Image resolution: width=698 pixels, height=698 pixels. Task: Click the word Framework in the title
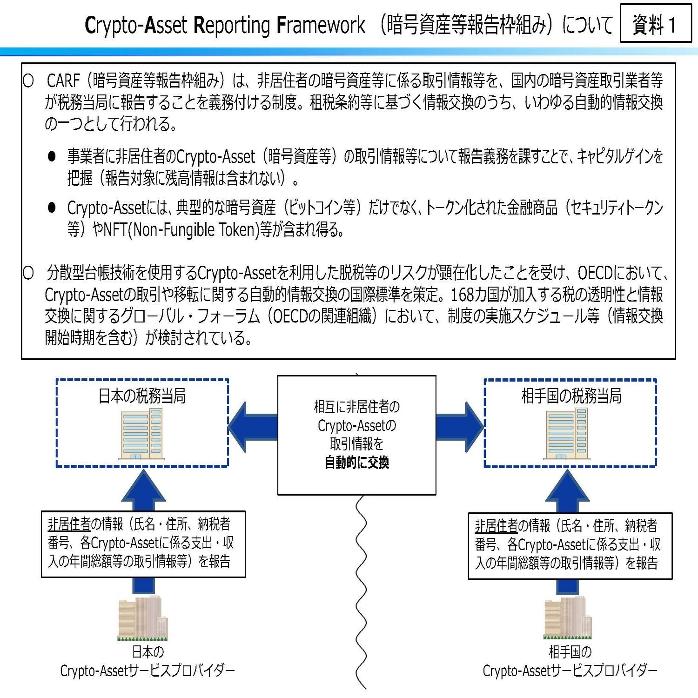(x=321, y=25)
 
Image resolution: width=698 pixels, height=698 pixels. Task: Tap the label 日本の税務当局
(x=142, y=396)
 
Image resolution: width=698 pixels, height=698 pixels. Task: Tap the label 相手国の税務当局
(x=571, y=396)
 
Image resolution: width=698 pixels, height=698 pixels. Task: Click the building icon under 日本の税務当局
(x=141, y=434)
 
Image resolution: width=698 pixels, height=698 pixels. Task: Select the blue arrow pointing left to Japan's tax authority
(x=251, y=427)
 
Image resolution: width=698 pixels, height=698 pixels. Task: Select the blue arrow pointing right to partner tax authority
(x=461, y=427)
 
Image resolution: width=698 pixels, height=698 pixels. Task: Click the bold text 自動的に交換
(x=356, y=463)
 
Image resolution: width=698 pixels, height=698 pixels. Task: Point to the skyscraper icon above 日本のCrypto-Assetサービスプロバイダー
(x=142, y=618)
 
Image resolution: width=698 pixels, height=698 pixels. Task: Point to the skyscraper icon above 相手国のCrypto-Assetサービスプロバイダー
(x=568, y=618)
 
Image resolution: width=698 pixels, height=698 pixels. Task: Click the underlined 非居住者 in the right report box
(x=496, y=526)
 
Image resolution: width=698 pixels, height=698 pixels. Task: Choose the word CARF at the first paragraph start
(x=63, y=81)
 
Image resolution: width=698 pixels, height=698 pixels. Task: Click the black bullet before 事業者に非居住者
(x=52, y=156)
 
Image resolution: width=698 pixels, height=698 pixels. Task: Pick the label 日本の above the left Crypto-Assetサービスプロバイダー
(x=148, y=651)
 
